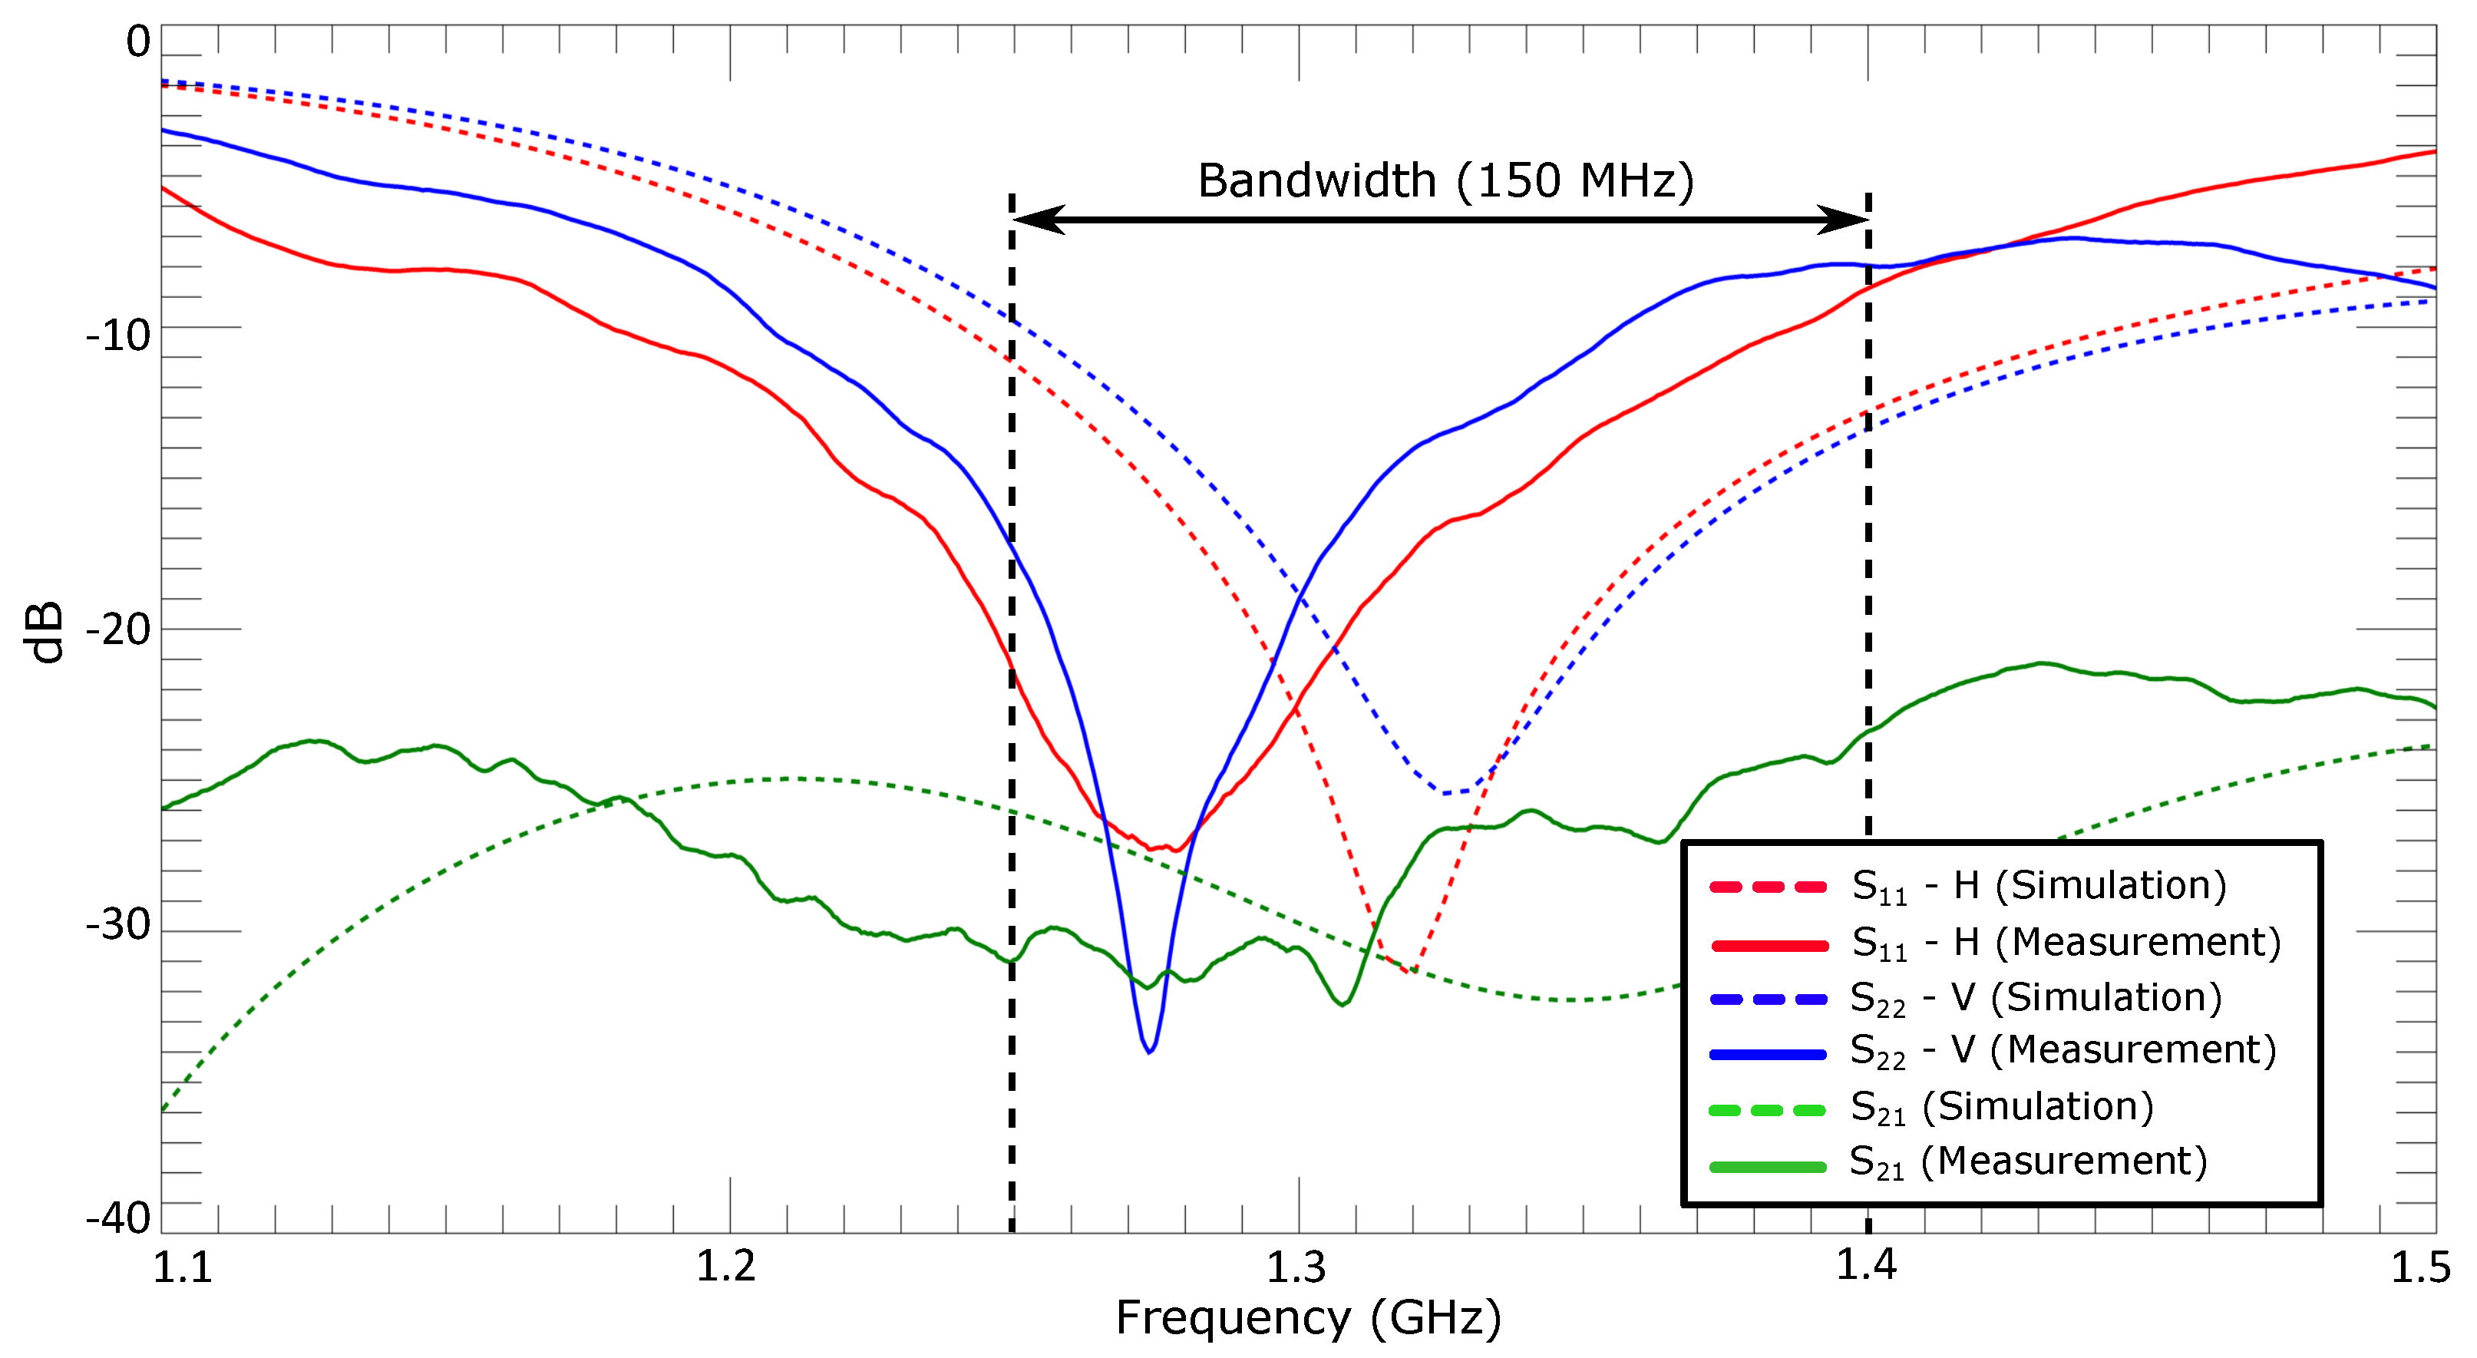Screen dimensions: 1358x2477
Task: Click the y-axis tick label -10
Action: tap(118, 336)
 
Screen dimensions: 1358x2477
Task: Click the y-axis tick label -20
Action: tap(118, 631)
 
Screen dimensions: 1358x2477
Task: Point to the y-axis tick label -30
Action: tap(118, 925)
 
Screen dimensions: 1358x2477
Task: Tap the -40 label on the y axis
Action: tap(118, 1218)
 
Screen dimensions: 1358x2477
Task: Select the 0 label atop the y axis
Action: tap(138, 42)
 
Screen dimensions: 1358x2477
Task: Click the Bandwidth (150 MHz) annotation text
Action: tap(1445, 181)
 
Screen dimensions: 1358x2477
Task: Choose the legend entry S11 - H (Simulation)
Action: tap(2039, 886)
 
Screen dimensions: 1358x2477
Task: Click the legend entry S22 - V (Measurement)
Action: tap(2063, 1050)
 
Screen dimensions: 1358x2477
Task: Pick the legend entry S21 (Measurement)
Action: tap(2028, 1161)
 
